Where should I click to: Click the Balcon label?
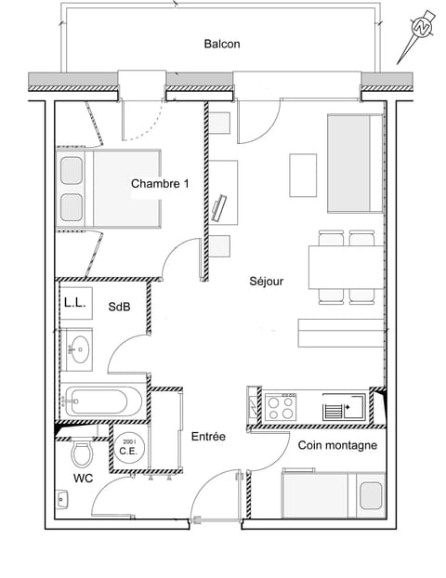[222, 44]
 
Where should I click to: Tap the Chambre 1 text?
[160, 184]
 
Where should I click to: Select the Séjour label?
[266, 281]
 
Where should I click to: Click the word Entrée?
[208, 436]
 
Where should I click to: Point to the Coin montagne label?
[337, 445]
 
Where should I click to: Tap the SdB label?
[119, 306]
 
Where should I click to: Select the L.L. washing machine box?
[74, 303]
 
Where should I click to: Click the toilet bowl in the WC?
[83, 454]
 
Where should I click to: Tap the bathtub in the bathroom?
[102, 402]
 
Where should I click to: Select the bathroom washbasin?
[79, 349]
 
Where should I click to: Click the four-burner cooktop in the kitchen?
[281, 406]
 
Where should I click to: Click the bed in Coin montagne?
[332, 493]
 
